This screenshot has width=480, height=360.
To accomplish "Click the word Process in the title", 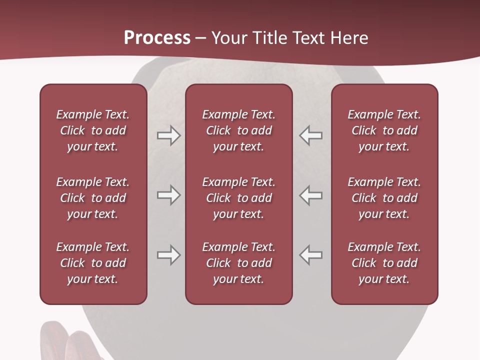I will coord(157,38).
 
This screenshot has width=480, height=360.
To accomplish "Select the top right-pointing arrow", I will coord(168,135).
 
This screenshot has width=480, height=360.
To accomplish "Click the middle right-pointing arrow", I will coord(168,195).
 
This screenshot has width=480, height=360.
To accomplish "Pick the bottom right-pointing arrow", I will coord(168,255).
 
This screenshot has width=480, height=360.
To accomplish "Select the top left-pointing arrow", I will coord(310,135).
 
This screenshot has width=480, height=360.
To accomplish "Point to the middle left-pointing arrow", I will coord(310,195).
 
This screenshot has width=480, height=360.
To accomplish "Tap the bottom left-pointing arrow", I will coord(310,255).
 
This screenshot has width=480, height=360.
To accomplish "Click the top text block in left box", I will coord(93,130).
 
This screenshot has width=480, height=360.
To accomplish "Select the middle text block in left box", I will coord(93,198).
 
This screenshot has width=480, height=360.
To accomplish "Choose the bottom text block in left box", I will coord(93,263).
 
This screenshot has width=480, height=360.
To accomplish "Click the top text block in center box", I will coord(238,130).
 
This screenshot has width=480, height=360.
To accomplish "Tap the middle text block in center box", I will coord(238,198).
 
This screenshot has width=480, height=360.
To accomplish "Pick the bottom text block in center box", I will coord(238,263).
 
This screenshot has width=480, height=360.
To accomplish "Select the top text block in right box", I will coord(384,130).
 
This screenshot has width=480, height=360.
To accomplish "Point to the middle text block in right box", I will coord(384,198).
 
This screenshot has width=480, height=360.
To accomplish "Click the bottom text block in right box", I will coord(384,263).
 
